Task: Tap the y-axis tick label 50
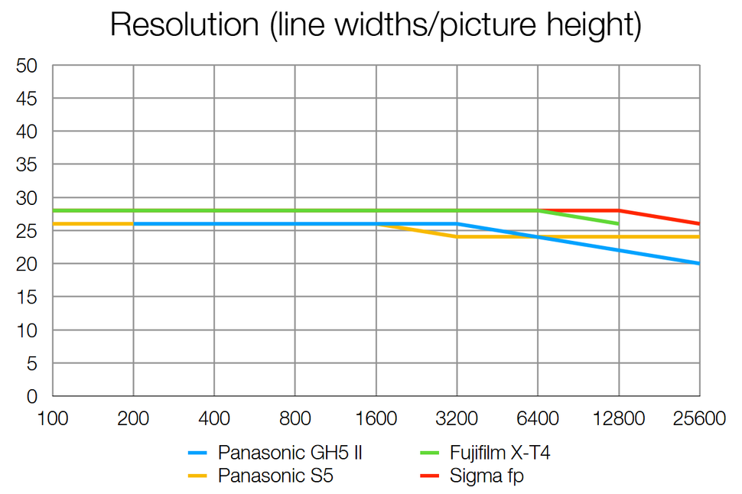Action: (28, 66)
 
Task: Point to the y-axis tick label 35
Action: (28, 165)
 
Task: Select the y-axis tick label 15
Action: (28, 297)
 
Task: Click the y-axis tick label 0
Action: (32, 396)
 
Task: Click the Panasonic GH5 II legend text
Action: (290, 453)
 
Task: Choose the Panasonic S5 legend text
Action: (275, 476)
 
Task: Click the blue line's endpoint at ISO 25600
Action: (698, 263)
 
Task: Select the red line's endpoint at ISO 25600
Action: (698, 224)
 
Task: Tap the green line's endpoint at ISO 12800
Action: (618, 224)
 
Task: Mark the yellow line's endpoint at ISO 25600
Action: (698, 237)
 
